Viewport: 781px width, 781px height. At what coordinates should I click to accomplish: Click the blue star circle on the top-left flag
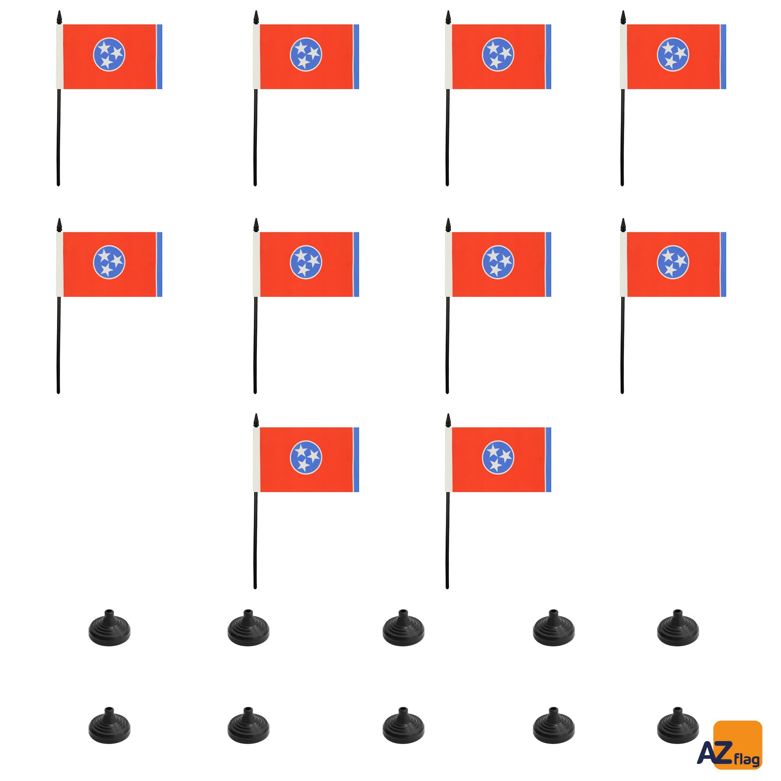tap(109, 55)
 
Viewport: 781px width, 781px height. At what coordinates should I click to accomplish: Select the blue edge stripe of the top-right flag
tap(723, 57)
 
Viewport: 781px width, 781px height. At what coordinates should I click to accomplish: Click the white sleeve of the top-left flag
tap(59, 57)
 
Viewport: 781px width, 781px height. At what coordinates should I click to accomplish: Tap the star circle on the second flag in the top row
tap(306, 55)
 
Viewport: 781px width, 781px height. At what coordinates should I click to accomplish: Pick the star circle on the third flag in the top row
tap(498, 55)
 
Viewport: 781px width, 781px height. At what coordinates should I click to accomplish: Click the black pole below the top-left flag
tap(59, 137)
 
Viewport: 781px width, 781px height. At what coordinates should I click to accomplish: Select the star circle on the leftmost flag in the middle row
tap(109, 262)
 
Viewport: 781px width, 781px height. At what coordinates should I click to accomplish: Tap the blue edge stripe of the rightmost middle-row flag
tap(723, 264)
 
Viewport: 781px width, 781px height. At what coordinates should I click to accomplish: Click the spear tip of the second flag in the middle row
tap(256, 225)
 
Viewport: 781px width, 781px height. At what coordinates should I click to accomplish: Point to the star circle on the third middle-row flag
tap(498, 262)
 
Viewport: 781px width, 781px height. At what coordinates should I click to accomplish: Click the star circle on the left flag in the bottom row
tap(306, 458)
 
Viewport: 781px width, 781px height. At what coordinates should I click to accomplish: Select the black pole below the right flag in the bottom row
tap(448, 540)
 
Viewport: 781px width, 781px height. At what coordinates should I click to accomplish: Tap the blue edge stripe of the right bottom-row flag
tap(548, 460)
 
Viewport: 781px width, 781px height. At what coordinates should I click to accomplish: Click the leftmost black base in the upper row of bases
tap(110, 628)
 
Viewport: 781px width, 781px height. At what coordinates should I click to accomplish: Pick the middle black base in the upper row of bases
tap(403, 628)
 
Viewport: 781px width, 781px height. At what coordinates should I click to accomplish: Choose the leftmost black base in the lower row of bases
tap(110, 726)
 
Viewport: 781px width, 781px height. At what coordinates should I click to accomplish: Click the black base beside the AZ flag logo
tap(678, 726)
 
